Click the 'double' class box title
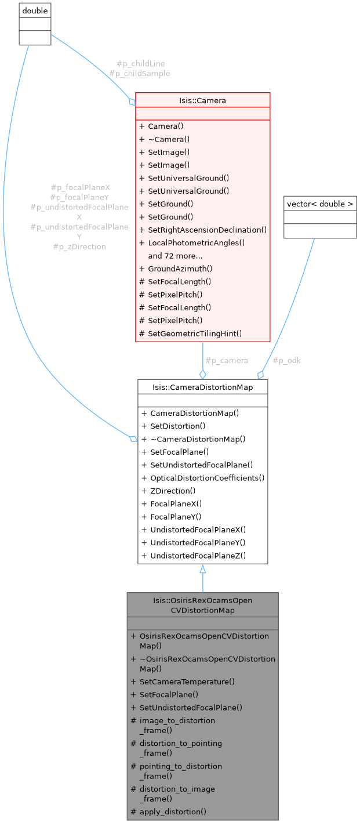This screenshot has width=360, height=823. click(35, 11)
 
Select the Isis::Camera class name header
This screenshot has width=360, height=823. click(202, 100)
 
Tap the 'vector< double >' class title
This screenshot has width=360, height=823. click(320, 204)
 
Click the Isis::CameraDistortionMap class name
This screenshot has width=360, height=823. click(202, 386)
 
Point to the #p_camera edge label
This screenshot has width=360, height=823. click(227, 360)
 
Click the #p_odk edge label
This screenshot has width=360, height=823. click(286, 360)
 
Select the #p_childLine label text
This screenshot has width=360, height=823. click(137, 63)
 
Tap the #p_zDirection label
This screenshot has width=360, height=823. click(79, 246)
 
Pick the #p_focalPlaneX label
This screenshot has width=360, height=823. click(80, 187)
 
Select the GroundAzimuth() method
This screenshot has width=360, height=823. click(180, 269)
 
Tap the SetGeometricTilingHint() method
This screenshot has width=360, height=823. click(195, 333)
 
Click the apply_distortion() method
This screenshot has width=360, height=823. click(173, 811)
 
